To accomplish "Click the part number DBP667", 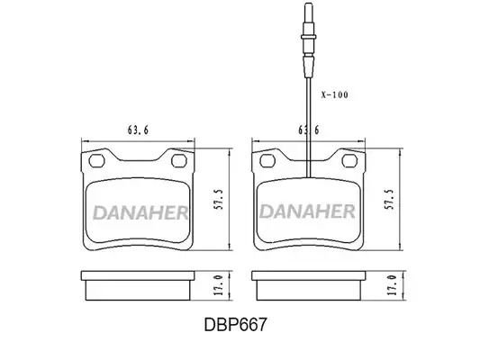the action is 235,325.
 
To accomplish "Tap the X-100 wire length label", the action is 335,94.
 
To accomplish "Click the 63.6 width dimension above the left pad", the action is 138,130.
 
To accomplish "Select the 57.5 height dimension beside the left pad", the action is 219,200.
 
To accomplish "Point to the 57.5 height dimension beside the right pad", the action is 389,200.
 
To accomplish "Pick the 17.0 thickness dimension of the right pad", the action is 392,284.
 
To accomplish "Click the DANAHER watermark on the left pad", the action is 140,212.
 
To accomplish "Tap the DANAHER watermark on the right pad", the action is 307,211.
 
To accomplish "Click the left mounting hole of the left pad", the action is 96,160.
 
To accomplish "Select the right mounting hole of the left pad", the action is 179,160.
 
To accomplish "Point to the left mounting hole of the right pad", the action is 267,160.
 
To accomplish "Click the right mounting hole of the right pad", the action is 349,160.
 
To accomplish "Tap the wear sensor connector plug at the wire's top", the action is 309,40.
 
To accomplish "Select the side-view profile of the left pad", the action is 138,285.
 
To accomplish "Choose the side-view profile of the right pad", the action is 309,285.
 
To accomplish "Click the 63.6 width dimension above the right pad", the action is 309,130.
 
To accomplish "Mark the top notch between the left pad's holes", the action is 138,160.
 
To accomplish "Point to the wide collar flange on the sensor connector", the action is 309,36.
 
